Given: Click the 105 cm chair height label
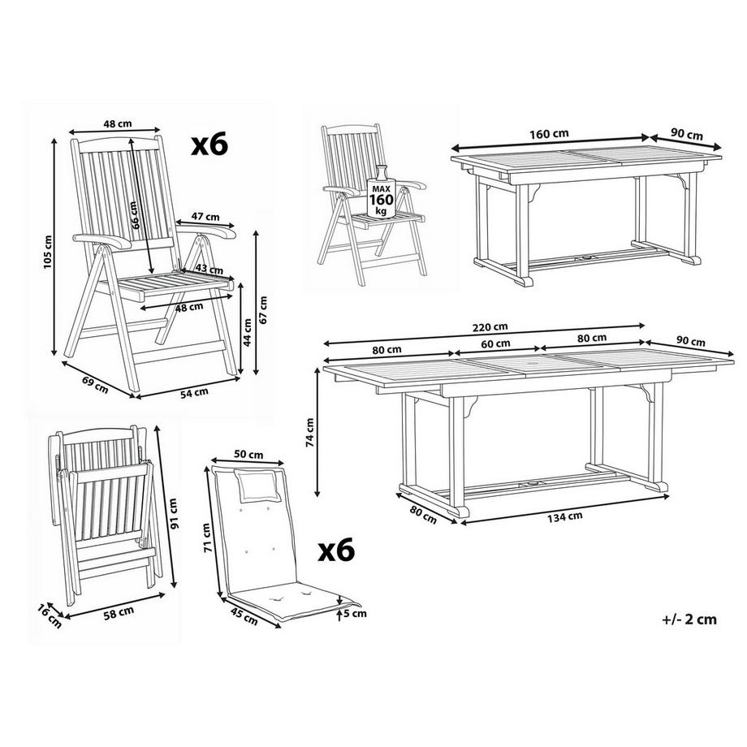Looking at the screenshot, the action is tap(48, 252).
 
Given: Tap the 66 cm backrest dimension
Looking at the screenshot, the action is tap(135, 215).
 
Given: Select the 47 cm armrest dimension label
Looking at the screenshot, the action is tap(205, 217).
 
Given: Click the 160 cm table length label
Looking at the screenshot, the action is tap(550, 133).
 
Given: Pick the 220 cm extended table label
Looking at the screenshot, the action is tap(490, 327).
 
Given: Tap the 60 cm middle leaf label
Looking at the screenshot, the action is tap(495, 343).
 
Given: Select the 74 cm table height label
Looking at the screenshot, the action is tap(309, 432).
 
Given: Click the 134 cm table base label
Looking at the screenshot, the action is tap(564, 516).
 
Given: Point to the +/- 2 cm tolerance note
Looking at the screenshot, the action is tap(689, 620).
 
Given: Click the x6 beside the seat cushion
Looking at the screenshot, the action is tap(336, 550).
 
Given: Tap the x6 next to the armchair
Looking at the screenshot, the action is tap(209, 145).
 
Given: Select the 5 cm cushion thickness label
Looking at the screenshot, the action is tap(356, 613).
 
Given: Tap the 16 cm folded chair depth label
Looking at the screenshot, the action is tap(50, 616).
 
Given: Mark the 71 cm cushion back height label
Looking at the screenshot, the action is tap(206, 538).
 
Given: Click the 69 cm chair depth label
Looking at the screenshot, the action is tap(95, 385).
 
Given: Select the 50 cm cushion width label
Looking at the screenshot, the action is tap(248, 455).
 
